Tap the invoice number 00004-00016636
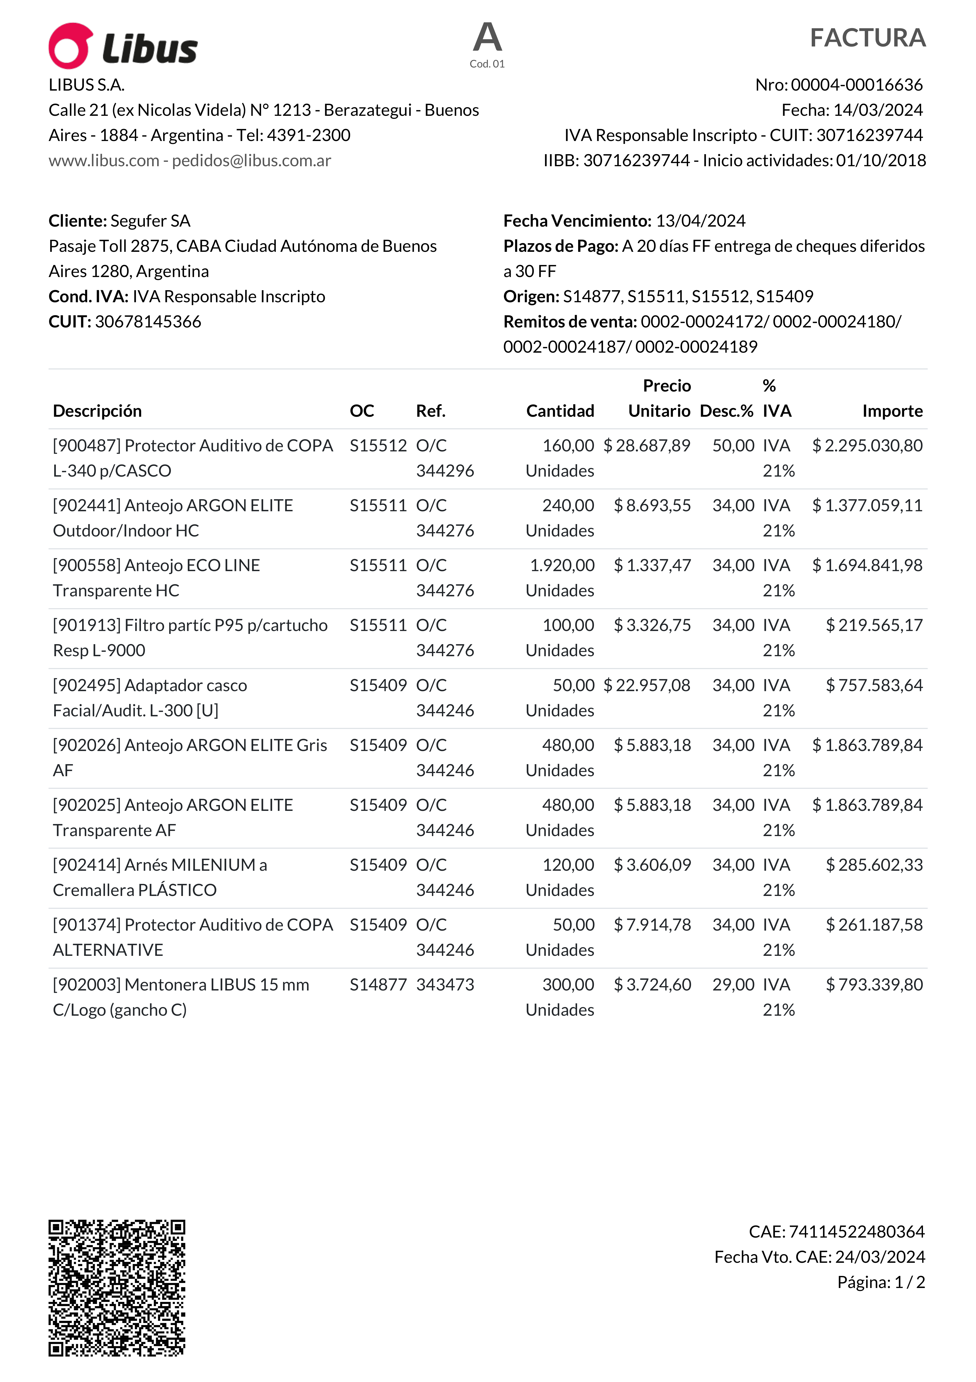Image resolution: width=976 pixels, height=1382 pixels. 856,85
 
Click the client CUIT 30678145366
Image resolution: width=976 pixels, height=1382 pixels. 148,321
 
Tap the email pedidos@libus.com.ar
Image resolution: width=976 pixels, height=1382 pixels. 251,161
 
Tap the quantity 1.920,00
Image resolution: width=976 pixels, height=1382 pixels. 562,565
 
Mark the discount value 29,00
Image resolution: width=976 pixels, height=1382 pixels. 733,985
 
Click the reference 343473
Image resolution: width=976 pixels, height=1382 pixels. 445,985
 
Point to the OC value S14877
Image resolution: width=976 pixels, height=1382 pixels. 378,985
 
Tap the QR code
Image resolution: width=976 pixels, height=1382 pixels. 117,1288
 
